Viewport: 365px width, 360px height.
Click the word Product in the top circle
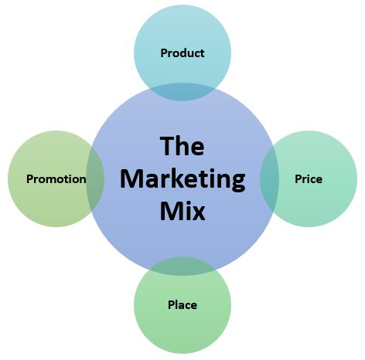point(182,53)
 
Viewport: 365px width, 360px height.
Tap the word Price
point(309,179)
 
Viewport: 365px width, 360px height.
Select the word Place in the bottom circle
point(182,304)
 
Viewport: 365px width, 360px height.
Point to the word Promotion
point(56,179)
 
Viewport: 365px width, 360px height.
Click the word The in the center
point(182,146)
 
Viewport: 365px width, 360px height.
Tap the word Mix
point(182,211)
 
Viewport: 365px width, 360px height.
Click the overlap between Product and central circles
point(182,92)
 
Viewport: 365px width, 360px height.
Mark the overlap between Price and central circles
point(270,178)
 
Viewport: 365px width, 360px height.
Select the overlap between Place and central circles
point(182,266)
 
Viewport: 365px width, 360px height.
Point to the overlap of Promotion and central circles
point(95,178)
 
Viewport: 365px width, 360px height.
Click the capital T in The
point(167,146)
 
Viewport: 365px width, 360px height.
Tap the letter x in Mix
point(199,214)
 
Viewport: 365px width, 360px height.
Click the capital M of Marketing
point(131,178)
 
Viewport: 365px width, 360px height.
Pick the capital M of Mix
point(171,211)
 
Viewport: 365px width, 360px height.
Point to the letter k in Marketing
point(176,178)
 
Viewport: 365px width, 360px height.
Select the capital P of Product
point(164,53)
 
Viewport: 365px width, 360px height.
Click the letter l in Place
point(176,304)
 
